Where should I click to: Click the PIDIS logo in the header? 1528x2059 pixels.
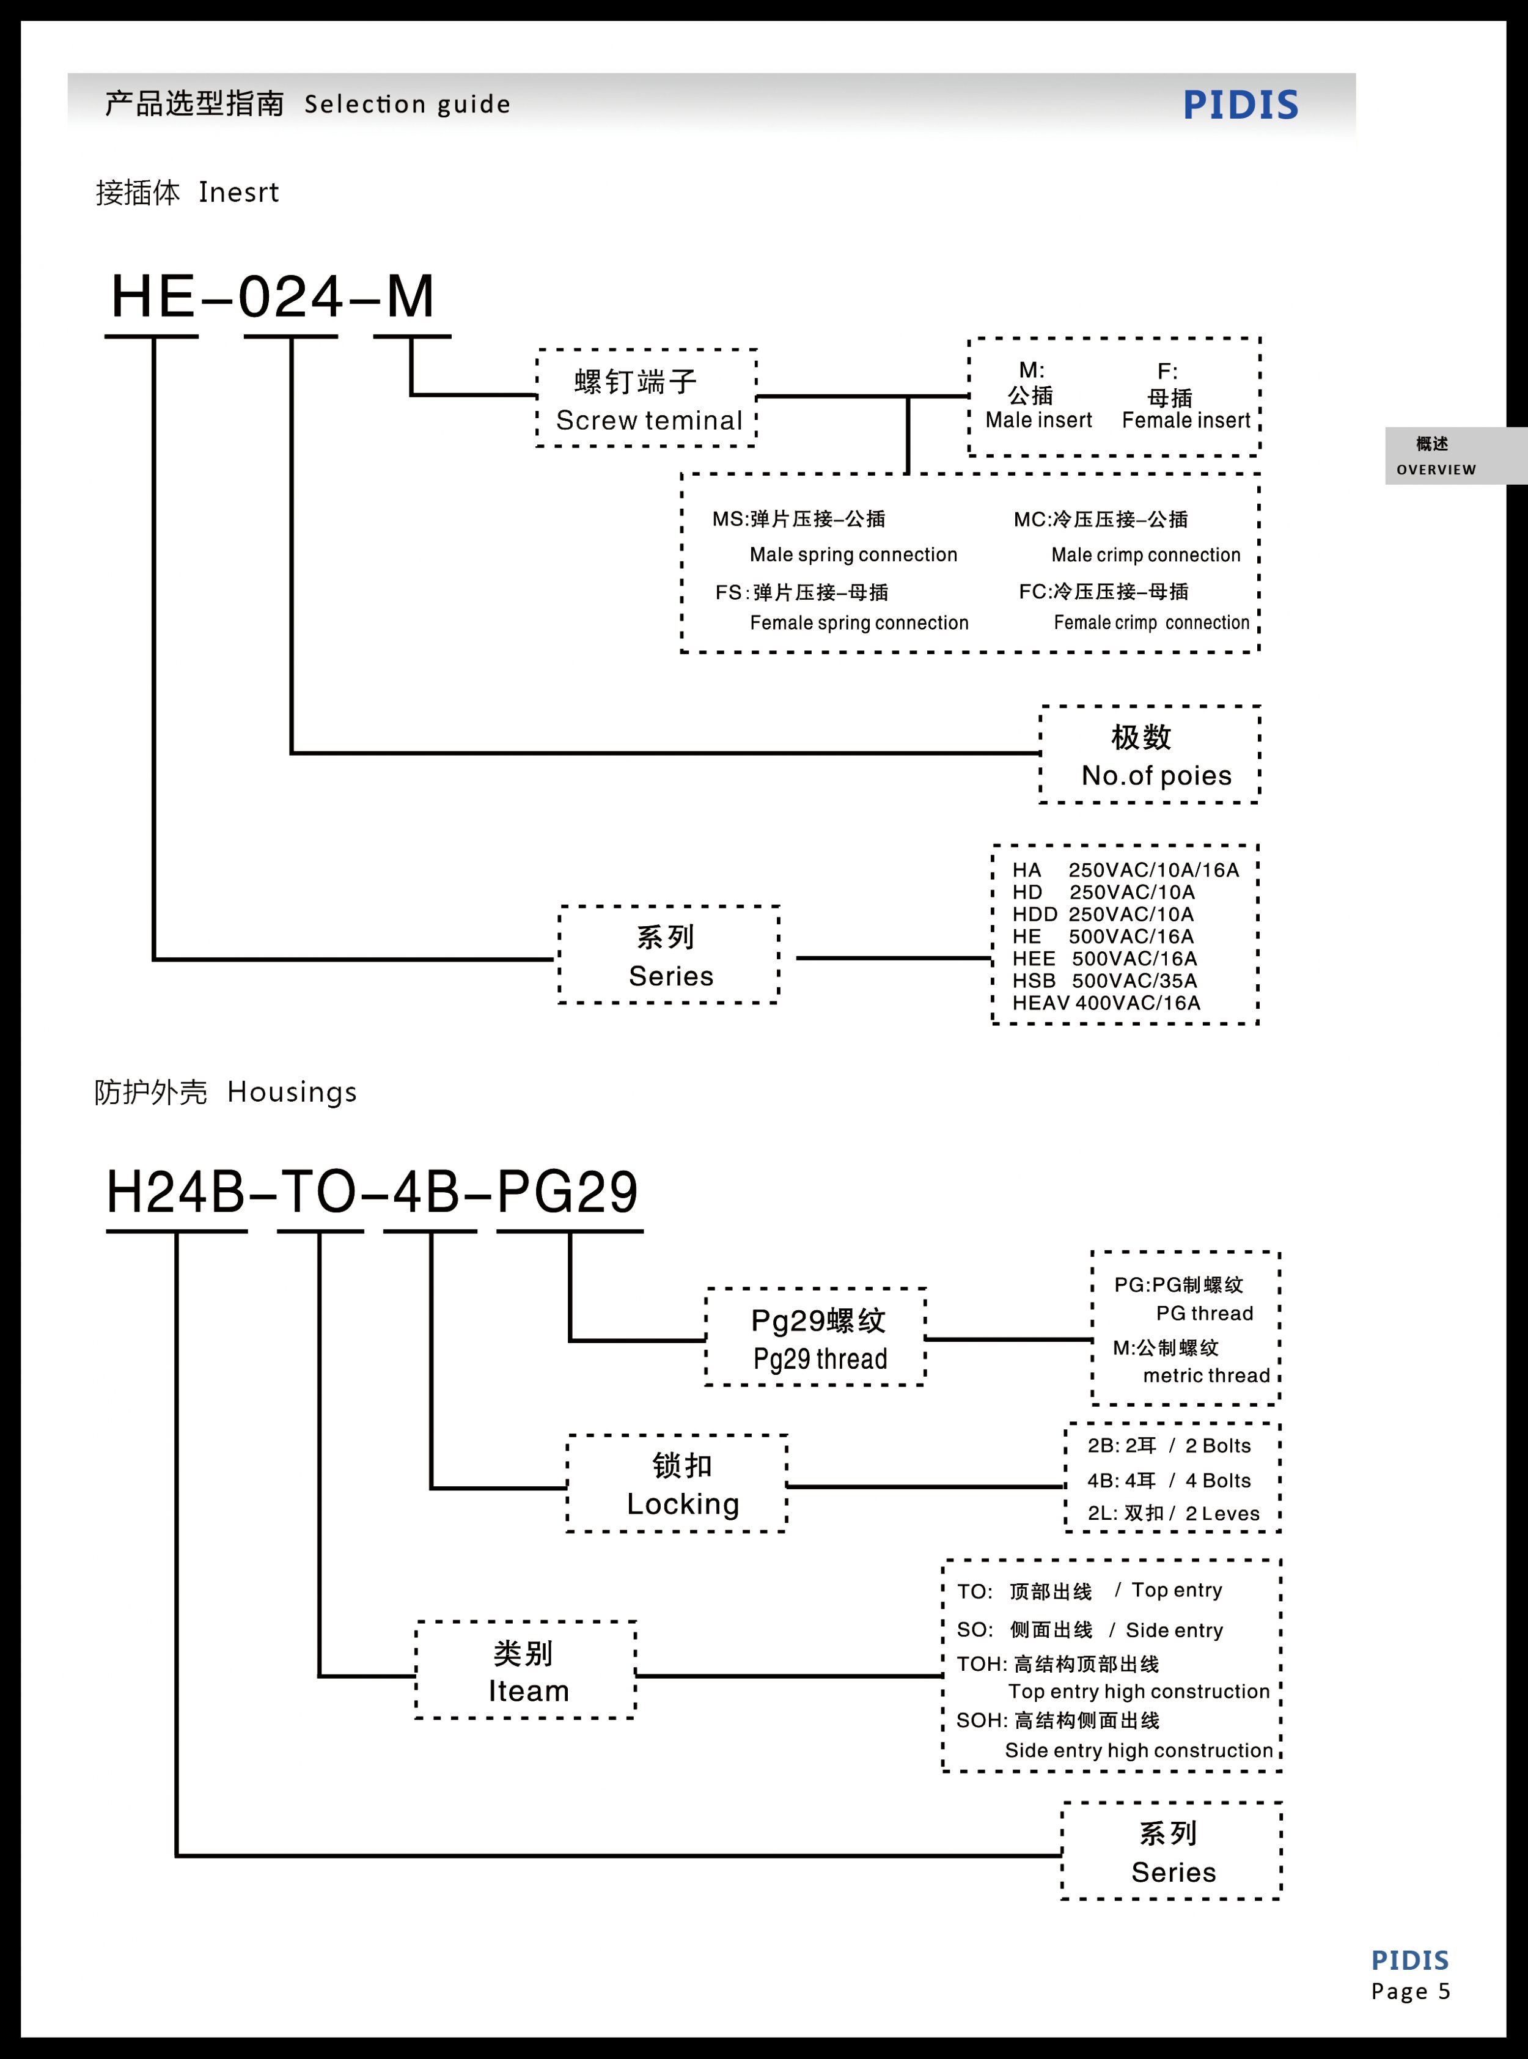1240,105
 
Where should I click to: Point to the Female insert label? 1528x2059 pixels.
1186,420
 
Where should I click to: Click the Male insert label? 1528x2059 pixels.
1038,420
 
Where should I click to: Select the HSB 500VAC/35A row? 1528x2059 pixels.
1104,981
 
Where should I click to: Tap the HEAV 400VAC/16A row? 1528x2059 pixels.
1106,1003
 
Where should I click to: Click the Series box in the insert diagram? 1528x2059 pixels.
670,956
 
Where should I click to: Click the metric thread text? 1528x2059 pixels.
1206,1376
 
